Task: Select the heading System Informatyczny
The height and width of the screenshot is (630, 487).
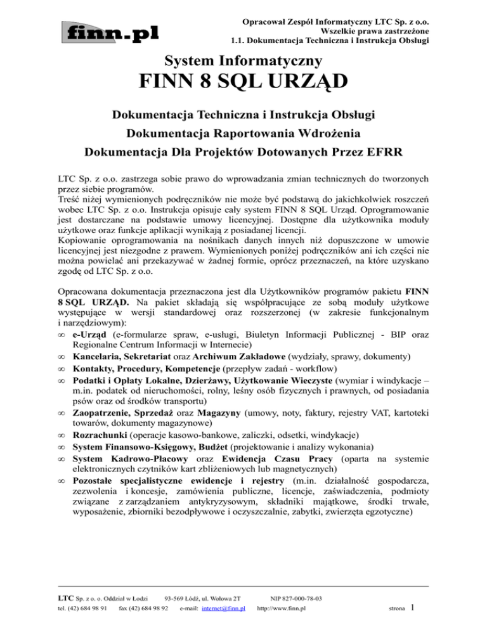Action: (243, 61)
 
